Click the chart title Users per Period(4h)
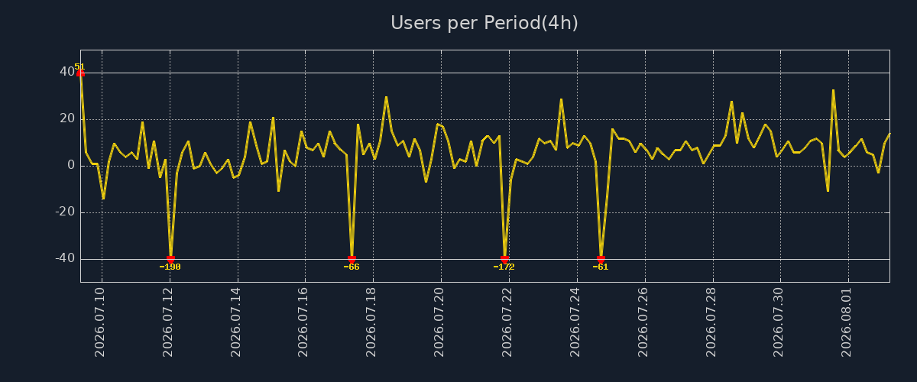click(x=484, y=23)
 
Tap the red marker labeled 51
click(x=81, y=73)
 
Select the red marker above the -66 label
click(x=352, y=260)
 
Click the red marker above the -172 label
click(x=505, y=260)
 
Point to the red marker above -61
click(x=601, y=260)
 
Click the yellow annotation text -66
click(x=352, y=267)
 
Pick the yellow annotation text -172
click(x=504, y=267)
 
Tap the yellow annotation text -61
click(x=601, y=267)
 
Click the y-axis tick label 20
click(x=67, y=118)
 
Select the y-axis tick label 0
click(x=71, y=166)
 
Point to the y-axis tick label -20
click(x=65, y=212)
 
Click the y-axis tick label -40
click(x=65, y=259)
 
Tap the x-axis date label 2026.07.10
click(x=100, y=322)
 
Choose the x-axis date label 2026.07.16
click(x=303, y=322)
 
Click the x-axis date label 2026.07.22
click(x=507, y=322)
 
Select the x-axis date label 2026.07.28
click(x=711, y=322)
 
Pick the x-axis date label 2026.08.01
click(x=846, y=322)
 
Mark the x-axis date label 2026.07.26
click(x=643, y=322)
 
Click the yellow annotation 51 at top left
click(x=79, y=66)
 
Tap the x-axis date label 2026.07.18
click(x=371, y=322)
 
